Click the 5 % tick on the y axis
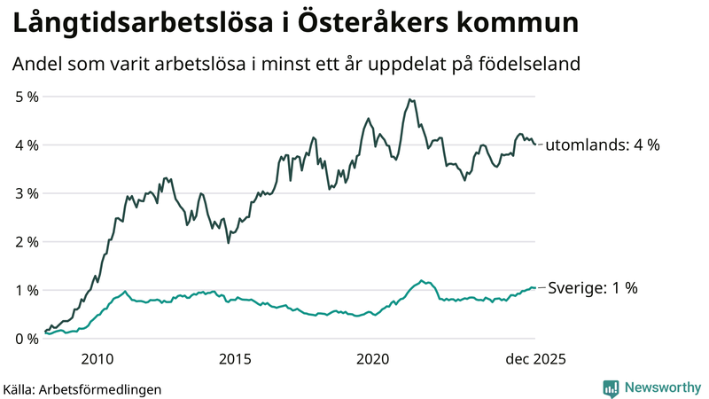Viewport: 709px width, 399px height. pyautogui.click(x=26, y=97)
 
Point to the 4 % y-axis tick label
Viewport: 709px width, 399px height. pyautogui.click(x=26, y=145)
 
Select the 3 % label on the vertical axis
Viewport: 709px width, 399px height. pyautogui.click(x=26, y=193)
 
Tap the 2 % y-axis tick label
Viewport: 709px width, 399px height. pyautogui.click(x=26, y=241)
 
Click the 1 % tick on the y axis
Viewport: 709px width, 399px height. pyautogui.click(x=26, y=290)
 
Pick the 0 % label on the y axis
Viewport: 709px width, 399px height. pyautogui.click(x=26, y=338)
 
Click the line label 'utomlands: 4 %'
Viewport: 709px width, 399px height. pyautogui.click(x=602, y=145)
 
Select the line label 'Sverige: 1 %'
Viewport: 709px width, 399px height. pyautogui.click(x=593, y=288)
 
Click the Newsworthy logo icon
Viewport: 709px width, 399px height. pyautogui.click(x=611, y=387)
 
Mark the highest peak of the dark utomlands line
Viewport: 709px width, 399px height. pyautogui.click(x=409, y=99)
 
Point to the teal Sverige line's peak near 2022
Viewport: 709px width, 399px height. pyautogui.click(x=422, y=280)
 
